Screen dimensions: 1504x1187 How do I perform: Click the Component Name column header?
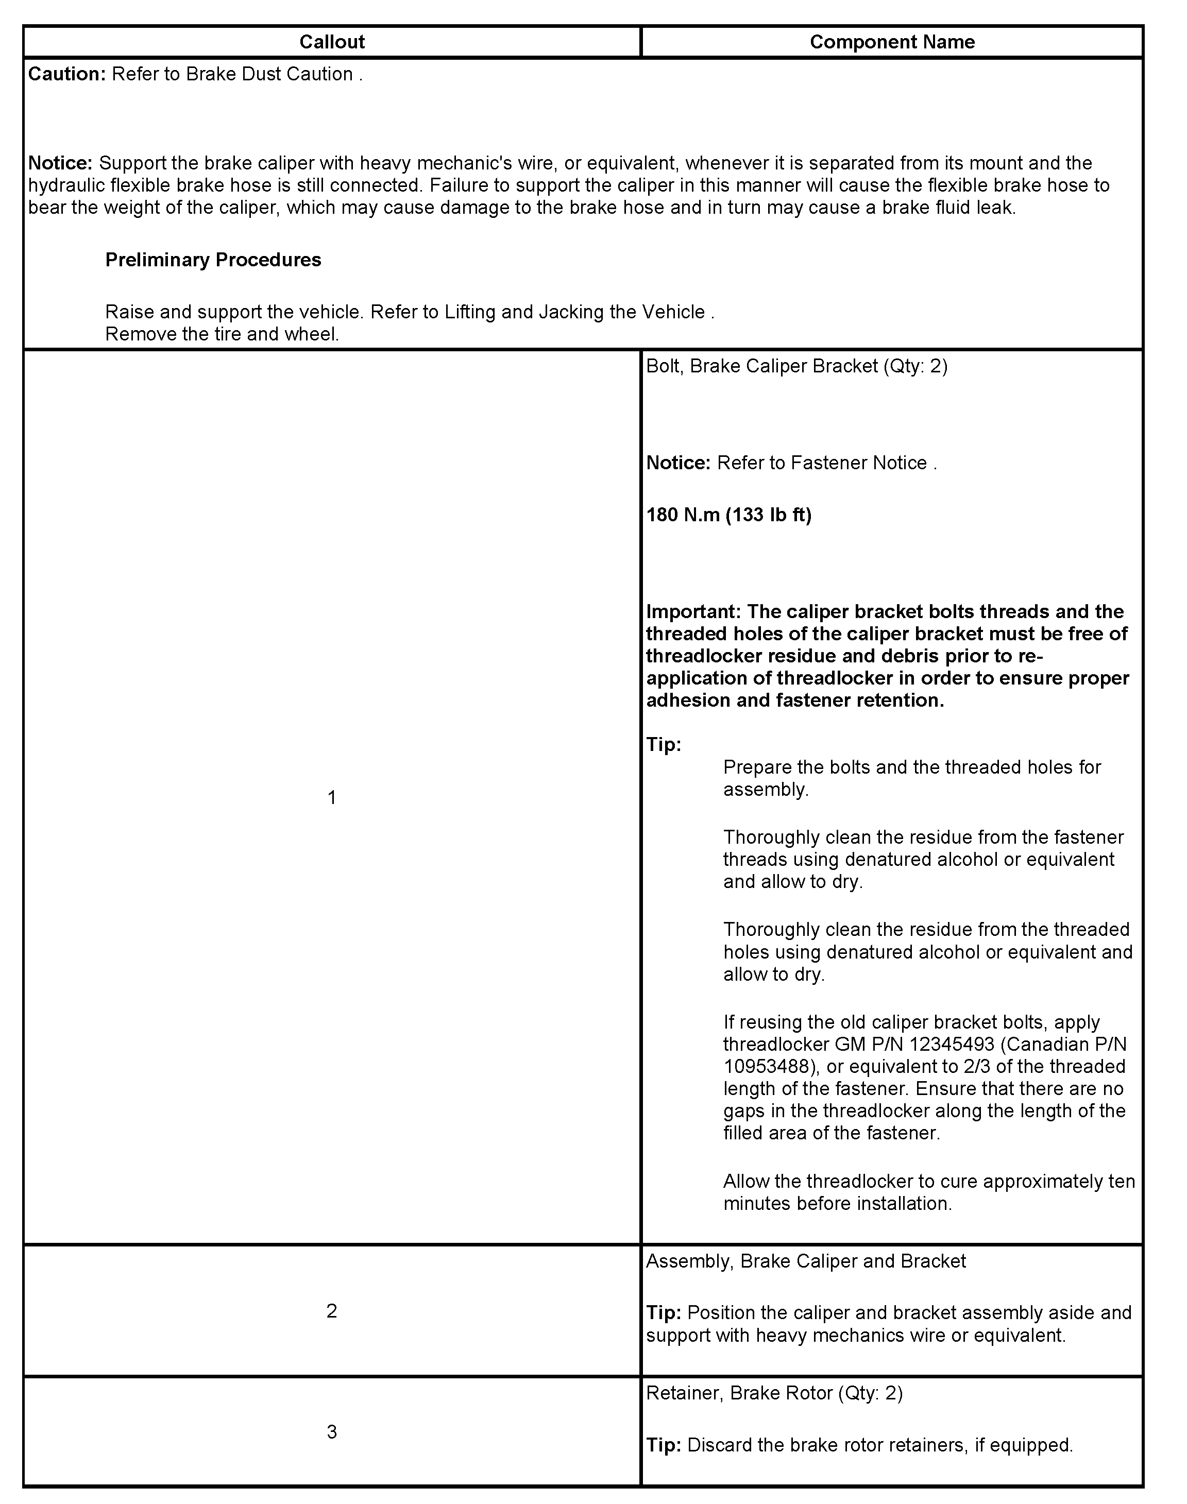pyautogui.click(x=892, y=42)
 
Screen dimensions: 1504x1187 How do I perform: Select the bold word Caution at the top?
pyautogui.click(x=66, y=74)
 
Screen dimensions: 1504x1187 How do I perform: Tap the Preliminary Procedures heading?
pyautogui.click(x=213, y=260)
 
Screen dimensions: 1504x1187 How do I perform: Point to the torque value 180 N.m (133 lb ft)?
pyautogui.click(x=728, y=515)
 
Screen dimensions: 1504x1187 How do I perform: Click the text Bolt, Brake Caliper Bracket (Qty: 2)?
pyautogui.click(x=796, y=366)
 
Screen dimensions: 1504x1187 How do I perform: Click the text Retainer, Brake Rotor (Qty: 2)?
pyautogui.click(x=774, y=1393)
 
